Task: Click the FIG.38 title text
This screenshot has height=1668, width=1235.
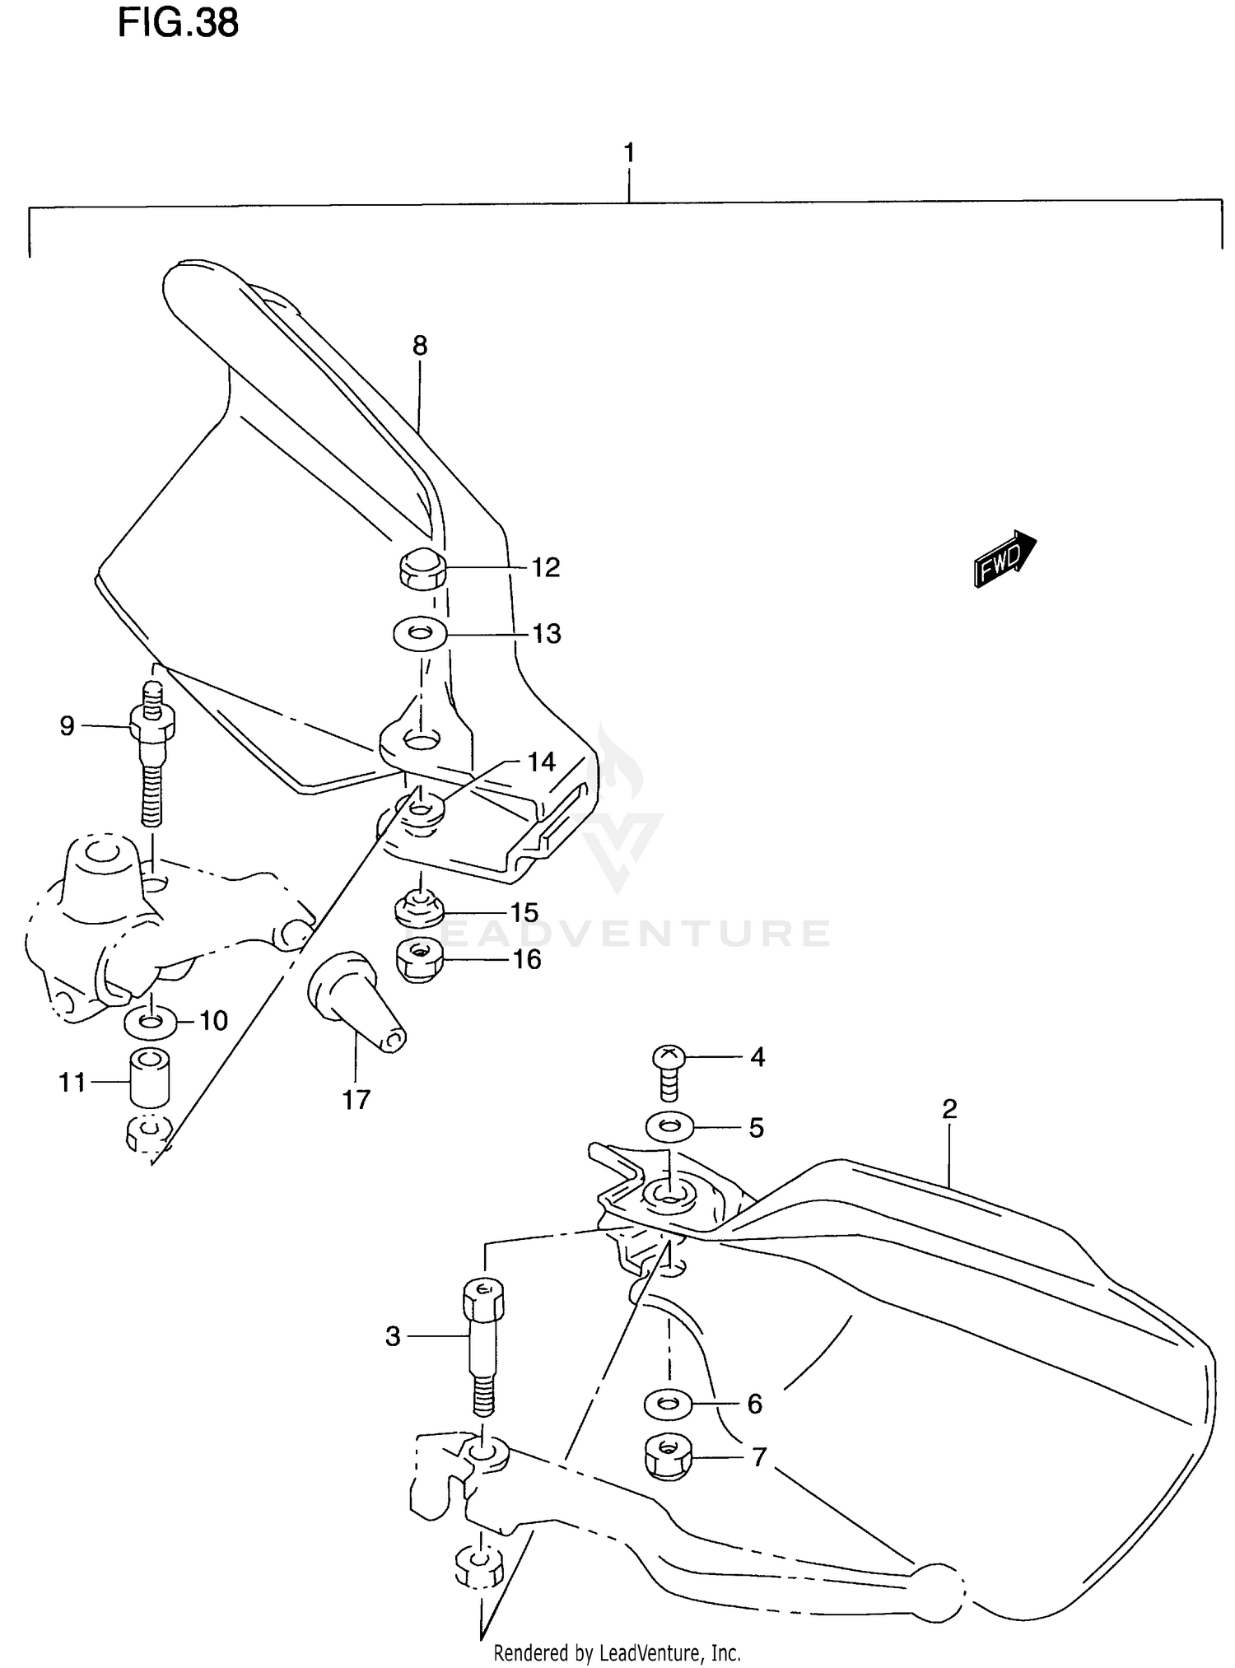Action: (178, 23)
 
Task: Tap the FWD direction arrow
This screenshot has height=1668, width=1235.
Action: (1004, 559)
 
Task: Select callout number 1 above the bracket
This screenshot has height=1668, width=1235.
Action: (629, 153)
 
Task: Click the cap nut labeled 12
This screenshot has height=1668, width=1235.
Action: (422, 567)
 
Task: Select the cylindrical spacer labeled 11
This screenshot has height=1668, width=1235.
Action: (150, 1080)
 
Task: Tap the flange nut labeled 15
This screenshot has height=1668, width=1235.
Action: (420, 909)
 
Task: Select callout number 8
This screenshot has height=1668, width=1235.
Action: (420, 346)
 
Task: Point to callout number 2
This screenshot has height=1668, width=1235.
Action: (949, 1109)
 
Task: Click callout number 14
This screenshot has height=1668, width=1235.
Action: (541, 762)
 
